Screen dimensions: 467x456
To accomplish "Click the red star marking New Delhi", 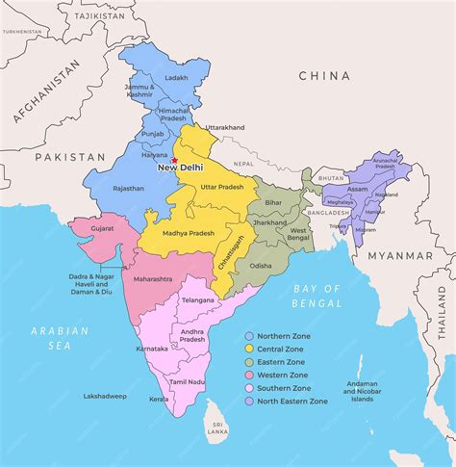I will pyautogui.click(x=174, y=161).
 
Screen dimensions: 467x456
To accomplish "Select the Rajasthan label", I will pyautogui.click(x=127, y=188).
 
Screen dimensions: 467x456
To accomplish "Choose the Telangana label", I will pyautogui.click(x=197, y=299).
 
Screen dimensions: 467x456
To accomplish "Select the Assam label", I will pyautogui.click(x=358, y=190).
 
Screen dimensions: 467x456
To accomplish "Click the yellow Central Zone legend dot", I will pyautogui.click(x=250, y=348).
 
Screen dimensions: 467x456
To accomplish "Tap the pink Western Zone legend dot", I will pyautogui.click(x=250, y=375).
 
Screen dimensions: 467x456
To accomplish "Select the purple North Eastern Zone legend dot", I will pyautogui.click(x=250, y=402).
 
